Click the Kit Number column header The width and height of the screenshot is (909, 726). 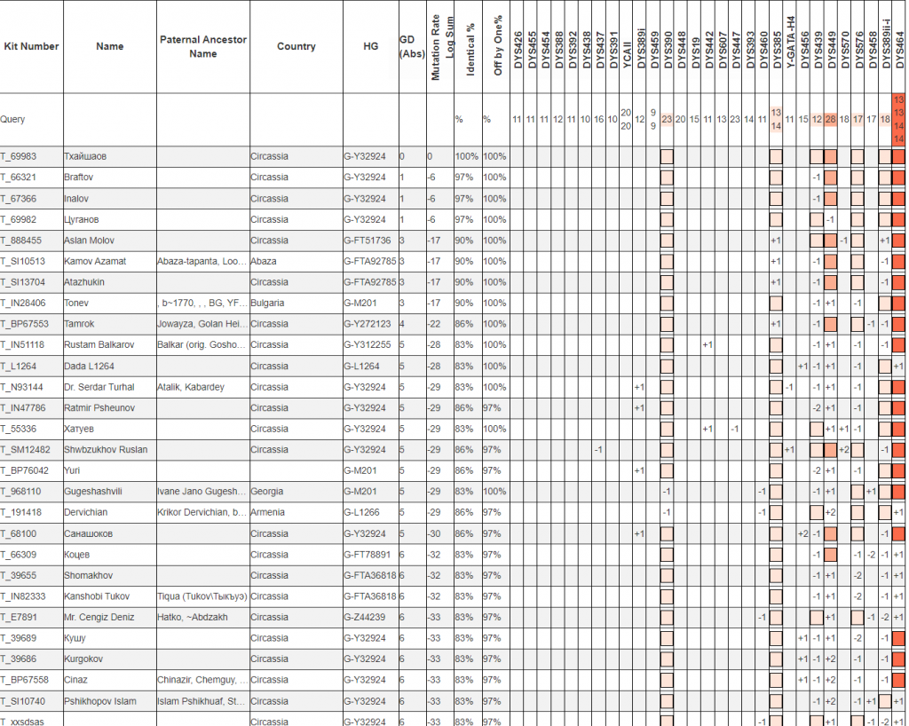31,46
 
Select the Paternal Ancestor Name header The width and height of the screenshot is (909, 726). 202,46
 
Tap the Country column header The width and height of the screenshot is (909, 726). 296,46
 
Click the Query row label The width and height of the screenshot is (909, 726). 13,119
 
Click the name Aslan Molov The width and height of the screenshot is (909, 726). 91,241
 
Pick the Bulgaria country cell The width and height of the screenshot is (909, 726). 268,304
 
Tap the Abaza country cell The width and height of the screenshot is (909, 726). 265,262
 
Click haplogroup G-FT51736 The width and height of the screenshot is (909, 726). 368,241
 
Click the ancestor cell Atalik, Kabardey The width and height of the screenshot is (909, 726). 192,387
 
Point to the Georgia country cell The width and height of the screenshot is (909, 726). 267,492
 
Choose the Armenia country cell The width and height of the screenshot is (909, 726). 268,512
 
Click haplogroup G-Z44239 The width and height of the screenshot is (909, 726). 365,617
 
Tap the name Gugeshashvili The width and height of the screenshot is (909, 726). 93,492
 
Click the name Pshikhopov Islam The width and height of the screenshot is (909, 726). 100,701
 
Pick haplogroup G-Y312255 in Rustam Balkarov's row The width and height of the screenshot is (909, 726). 368,345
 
